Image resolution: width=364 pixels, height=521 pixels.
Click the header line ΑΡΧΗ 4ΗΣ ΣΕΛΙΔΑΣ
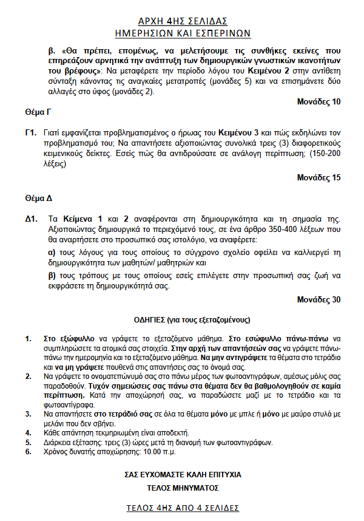pyautogui.click(x=183, y=20)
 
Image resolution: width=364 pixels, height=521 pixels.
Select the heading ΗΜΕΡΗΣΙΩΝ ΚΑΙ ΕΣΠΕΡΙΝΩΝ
pyautogui.click(x=183, y=33)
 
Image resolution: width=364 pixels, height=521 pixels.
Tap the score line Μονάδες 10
pyautogui.click(x=318, y=102)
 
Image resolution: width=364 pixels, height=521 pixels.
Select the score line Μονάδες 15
pyautogui.click(x=318, y=178)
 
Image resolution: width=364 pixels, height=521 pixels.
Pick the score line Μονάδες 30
pyautogui.click(x=318, y=299)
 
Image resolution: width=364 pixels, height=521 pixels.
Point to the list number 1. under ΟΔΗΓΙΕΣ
pyautogui.click(x=28, y=338)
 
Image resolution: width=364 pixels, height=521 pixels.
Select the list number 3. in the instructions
pyautogui.click(x=28, y=414)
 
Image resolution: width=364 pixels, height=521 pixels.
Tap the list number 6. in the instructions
pyautogui.click(x=28, y=451)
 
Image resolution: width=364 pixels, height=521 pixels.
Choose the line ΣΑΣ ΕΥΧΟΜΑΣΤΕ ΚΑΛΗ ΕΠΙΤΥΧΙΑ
pyautogui.click(x=183, y=474)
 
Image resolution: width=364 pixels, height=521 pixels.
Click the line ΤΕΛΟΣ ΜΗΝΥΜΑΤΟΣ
pyautogui.click(x=183, y=488)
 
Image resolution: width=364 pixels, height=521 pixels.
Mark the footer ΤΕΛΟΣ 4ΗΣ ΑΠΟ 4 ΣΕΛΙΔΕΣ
pyautogui.click(x=183, y=508)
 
